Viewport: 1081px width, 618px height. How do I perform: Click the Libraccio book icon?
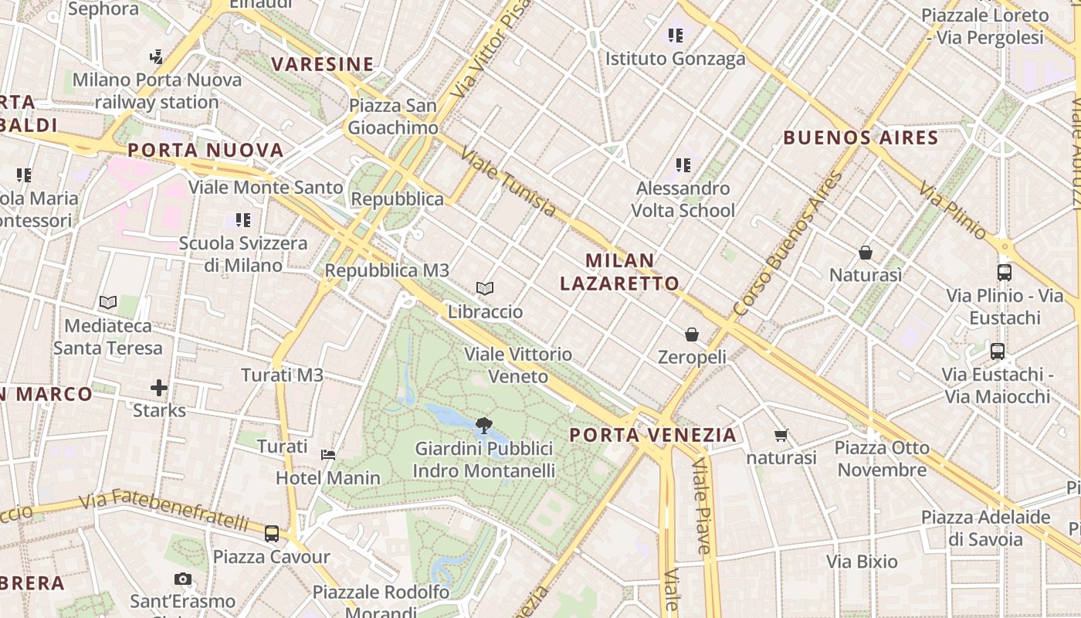point(485,289)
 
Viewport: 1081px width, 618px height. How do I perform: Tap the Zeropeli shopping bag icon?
point(692,334)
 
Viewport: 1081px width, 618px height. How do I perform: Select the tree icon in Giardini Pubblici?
point(484,425)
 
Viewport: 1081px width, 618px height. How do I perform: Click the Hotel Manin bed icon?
point(328,454)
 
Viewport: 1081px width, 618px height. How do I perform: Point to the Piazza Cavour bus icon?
point(272,533)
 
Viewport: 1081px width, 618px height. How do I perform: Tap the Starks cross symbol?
point(159,387)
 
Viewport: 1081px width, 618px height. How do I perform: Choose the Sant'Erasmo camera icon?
point(183,579)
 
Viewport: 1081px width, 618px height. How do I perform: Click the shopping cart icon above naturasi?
point(781,436)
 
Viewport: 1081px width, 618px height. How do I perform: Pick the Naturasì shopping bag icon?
point(866,253)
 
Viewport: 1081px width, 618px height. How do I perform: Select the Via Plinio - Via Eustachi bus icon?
point(1005,273)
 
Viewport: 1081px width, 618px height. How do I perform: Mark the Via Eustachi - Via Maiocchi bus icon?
point(998,351)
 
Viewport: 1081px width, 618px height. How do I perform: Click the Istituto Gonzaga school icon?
point(676,36)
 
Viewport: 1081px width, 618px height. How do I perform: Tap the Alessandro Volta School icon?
point(683,165)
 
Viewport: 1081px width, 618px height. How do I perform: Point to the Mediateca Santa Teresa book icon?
point(108,303)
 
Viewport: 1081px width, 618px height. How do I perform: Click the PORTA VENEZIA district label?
point(653,435)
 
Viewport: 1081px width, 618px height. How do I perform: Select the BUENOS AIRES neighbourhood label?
point(861,138)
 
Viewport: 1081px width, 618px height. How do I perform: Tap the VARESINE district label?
point(323,64)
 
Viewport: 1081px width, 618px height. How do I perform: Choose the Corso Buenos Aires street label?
point(788,244)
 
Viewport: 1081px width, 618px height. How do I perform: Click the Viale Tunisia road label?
point(508,182)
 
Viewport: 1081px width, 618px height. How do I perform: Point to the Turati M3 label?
point(282,375)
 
